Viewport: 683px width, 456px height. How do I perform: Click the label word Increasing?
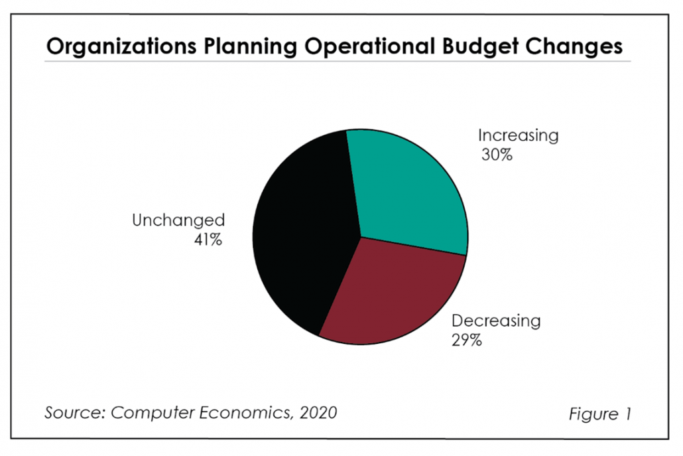click(x=519, y=137)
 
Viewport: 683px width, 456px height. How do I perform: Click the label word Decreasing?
click(x=496, y=322)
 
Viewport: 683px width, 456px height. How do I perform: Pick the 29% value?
click(x=467, y=342)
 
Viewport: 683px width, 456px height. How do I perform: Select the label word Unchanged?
click(x=178, y=220)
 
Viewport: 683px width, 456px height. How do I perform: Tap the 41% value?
click(x=207, y=240)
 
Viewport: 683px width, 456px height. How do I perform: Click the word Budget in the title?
click(x=490, y=47)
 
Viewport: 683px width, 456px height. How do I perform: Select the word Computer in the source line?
click(x=145, y=413)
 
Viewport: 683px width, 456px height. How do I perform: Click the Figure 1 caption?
click(x=599, y=414)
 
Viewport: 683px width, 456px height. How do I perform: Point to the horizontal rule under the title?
click(x=338, y=62)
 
